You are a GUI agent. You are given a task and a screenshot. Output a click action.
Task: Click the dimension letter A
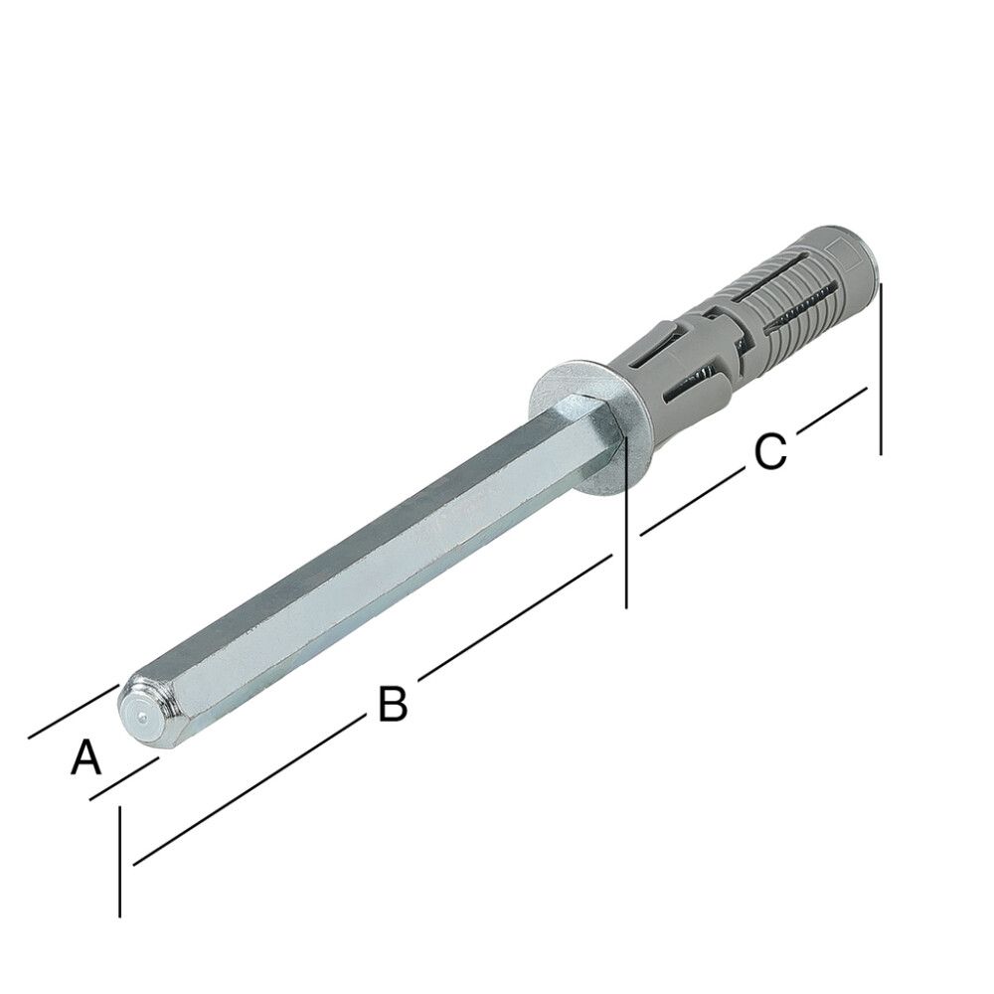(x=86, y=759)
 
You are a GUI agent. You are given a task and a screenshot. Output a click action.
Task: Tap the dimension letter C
(x=769, y=452)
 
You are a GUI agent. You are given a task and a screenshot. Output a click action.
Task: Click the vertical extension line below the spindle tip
(x=119, y=861)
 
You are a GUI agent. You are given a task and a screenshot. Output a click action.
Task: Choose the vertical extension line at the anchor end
(x=881, y=368)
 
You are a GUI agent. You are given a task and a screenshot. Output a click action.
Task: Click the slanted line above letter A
(x=74, y=712)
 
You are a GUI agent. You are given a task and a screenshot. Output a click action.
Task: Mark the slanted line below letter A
(x=124, y=778)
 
